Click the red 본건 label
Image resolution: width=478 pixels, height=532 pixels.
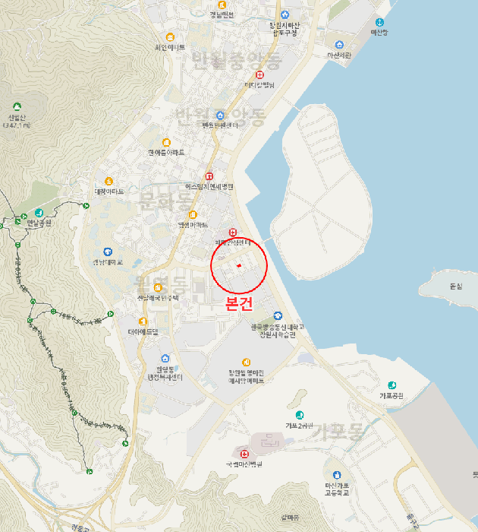coord(239,302)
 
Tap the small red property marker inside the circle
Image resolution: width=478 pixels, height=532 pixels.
coord(238,265)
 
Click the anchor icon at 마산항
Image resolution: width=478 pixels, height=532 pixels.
coord(379,23)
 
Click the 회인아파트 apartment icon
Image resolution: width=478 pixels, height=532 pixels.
coord(170,37)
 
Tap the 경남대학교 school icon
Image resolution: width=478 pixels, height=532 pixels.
coord(107,252)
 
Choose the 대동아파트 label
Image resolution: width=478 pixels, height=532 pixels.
coord(108,192)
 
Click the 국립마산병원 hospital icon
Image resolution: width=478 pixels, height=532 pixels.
coord(244,454)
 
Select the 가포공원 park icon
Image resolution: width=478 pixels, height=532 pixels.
coord(392,385)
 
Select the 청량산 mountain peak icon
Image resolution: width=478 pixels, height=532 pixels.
coord(17,107)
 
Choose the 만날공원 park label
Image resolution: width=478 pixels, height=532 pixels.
coord(39,223)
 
